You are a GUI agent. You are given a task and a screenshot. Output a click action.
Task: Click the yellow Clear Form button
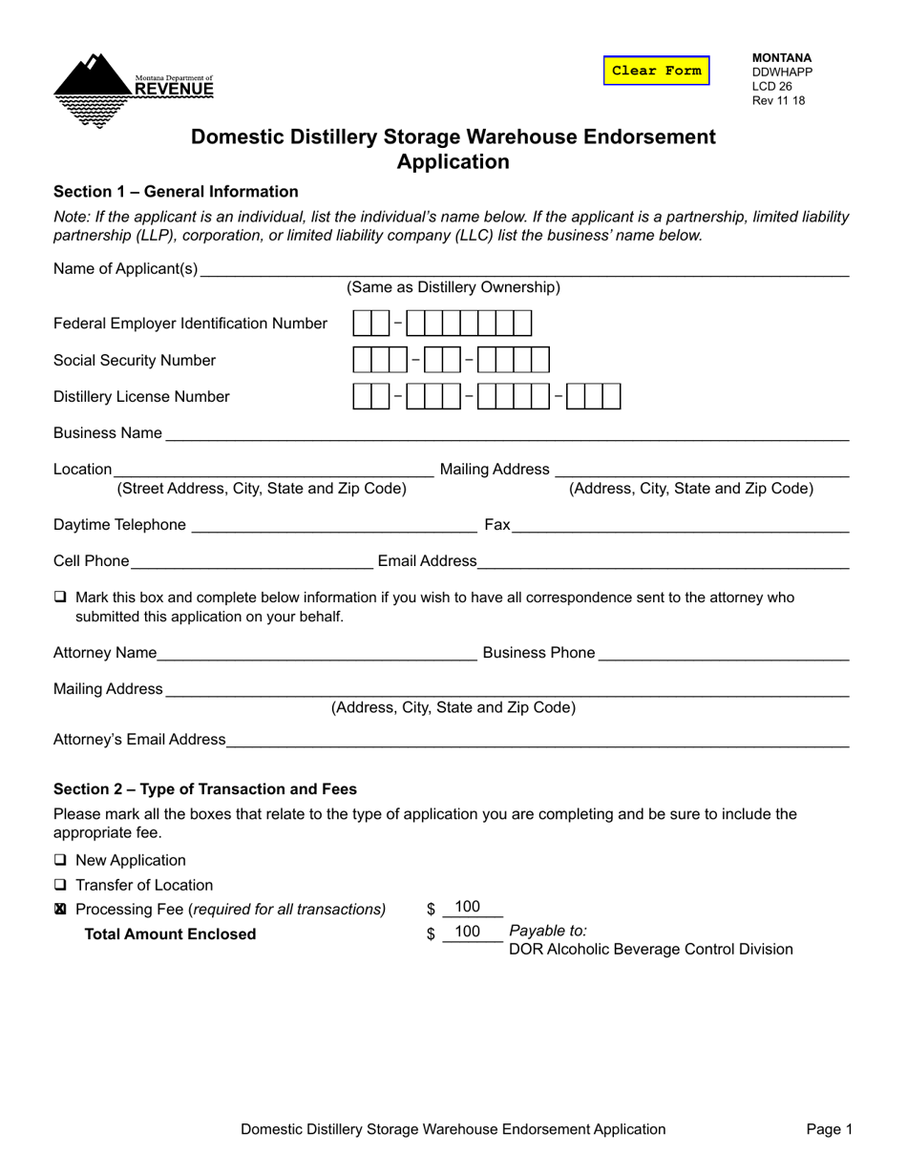coord(656,71)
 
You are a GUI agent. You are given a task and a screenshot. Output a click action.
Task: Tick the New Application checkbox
coord(61,860)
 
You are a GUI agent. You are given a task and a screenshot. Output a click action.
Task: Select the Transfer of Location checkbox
coord(61,885)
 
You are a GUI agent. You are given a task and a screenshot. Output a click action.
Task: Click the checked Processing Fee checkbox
coord(61,910)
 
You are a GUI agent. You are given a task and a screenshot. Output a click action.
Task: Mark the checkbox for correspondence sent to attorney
coord(61,597)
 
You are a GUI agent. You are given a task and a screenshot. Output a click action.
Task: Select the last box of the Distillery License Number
coord(611,396)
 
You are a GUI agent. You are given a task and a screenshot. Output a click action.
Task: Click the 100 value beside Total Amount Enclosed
coord(468,932)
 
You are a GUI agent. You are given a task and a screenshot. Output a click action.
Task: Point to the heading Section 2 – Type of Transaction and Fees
coord(205,789)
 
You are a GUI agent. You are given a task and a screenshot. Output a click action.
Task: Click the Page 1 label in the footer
coord(829,1129)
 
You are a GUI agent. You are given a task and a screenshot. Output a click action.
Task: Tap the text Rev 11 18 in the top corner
coord(778,100)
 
